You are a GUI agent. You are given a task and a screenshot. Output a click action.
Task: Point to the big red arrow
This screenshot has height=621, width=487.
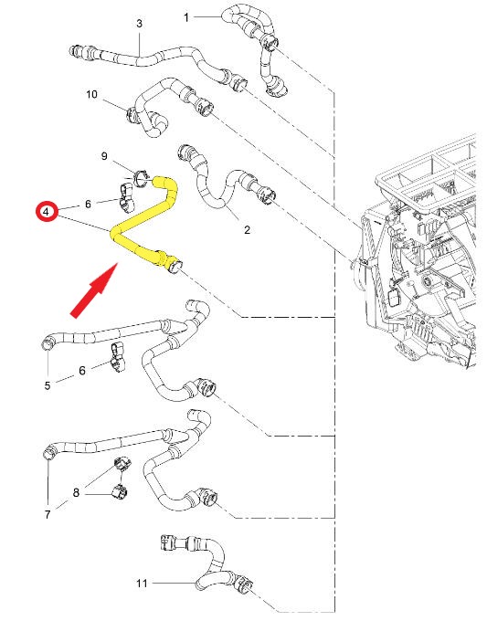[x=94, y=290]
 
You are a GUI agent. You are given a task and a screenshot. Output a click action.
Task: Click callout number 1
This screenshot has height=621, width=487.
[x=186, y=17]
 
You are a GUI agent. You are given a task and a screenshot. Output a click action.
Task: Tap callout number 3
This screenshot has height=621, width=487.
[x=139, y=24]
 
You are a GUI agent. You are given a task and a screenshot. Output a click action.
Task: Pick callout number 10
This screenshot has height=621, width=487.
[x=91, y=94]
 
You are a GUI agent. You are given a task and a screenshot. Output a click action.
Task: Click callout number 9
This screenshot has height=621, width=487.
[x=104, y=156]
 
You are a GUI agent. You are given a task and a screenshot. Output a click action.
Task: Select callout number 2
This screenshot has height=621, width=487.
[x=248, y=230]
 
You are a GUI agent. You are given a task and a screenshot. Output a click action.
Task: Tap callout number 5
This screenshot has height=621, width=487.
[x=48, y=385]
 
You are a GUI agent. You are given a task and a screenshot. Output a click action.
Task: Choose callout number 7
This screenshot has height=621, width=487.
[x=48, y=514]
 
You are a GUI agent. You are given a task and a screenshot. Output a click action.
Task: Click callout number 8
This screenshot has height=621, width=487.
[x=76, y=492]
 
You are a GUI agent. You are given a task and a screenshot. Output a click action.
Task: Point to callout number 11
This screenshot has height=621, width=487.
[x=142, y=583]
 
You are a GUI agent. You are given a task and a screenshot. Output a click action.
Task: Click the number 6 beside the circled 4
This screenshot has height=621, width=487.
[x=88, y=204]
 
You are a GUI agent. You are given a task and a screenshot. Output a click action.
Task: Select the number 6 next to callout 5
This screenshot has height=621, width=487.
[x=82, y=371]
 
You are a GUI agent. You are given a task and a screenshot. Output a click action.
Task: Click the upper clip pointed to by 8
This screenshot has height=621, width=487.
[x=122, y=464]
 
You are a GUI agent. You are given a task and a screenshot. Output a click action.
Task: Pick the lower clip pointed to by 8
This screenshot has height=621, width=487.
[x=120, y=492]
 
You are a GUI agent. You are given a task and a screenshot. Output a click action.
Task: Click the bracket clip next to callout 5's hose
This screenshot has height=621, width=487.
[x=118, y=358]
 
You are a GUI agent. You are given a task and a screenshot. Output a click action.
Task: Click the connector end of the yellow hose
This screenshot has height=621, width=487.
[x=175, y=266]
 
